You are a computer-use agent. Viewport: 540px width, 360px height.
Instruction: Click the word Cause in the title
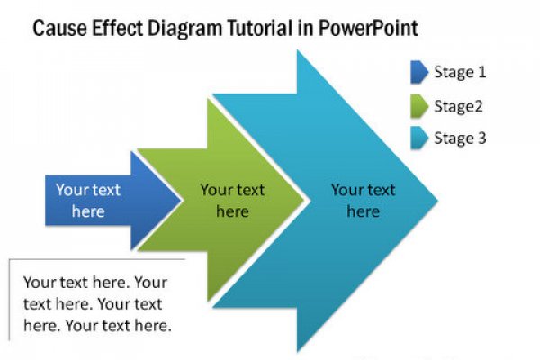tap(60, 28)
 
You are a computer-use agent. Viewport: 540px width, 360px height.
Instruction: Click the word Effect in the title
tap(117, 28)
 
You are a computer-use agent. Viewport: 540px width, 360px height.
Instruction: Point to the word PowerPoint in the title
tap(368, 28)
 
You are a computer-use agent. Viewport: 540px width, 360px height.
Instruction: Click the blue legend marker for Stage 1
tap(419, 72)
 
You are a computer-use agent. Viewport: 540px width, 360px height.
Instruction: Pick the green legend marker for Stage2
tap(419, 106)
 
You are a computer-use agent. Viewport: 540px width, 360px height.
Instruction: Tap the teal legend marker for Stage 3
tap(419, 138)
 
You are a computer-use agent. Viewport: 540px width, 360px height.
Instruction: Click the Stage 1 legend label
tap(460, 73)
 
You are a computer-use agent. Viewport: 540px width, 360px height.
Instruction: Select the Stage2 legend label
tap(458, 107)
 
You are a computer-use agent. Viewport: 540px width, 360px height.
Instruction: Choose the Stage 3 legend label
tap(460, 139)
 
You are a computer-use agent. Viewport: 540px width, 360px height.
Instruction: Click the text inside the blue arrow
tap(88, 201)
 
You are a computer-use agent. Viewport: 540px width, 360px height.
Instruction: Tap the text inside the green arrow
tap(232, 201)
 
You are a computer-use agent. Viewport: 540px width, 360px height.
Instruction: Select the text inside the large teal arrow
tap(364, 201)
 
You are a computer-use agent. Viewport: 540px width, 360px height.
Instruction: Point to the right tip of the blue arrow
tap(181, 200)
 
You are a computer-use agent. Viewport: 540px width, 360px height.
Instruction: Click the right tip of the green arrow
tap(304, 200)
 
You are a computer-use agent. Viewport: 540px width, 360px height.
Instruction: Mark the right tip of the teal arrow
tap(437, 200)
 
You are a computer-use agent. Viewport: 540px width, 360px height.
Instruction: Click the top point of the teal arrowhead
tap(298, 50)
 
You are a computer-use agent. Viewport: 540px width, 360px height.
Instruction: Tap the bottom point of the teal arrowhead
tap(298, 352)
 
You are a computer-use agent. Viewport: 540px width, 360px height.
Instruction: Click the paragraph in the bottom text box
tap(97, 304)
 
